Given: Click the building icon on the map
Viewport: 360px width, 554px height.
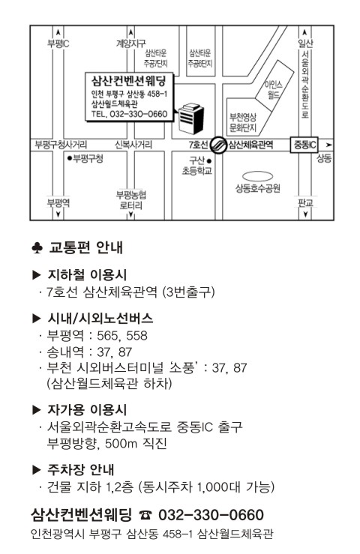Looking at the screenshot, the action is [x=191, y=118].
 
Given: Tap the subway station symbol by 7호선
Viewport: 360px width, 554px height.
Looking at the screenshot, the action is [x=218, y=145].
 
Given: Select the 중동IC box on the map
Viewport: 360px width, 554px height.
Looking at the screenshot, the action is [x=304, y=145].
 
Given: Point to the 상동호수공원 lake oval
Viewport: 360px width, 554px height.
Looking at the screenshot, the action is [x=257, y=176].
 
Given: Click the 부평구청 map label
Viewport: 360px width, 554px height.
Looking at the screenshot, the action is [x=85, y=158].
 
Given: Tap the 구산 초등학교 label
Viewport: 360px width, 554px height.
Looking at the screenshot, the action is [x=196, y=166].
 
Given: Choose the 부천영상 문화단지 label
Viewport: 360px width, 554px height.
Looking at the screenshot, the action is [x=243, y=122].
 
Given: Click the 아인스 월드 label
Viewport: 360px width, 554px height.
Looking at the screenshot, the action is [x=274, y=90].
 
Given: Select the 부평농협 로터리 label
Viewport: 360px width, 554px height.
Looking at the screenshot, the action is [x=130, y=200].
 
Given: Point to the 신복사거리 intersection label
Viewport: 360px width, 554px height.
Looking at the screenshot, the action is [x=133, y=145].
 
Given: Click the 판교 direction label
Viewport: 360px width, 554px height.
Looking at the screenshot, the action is [x=305, y=202].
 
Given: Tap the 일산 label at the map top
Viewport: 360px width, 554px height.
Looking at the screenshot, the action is [x=305, y=43].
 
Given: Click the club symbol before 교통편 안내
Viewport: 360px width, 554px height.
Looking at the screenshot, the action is [x=37, y=248].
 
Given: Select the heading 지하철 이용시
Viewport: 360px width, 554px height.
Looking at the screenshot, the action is [x=87, y=274].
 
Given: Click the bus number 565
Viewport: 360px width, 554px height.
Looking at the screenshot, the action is [x=107, y=335].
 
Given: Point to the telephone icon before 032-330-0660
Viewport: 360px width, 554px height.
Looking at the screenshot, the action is [x=145, y=515].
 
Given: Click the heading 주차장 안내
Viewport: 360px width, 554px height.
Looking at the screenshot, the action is [x=81, y=469].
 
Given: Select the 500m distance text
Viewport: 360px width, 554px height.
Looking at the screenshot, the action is [x=121, y=443].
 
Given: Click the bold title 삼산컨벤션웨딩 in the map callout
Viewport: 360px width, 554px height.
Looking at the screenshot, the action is [x=128, y=81].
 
